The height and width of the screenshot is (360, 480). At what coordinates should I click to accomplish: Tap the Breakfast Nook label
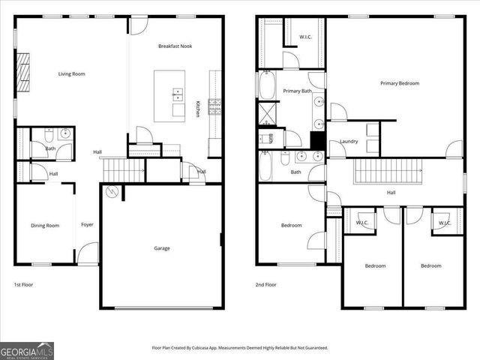tap(175, 46)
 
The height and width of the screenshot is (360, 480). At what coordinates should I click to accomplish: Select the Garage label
tap(162, 248)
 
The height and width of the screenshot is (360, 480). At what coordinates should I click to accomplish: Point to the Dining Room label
tap(44, 225)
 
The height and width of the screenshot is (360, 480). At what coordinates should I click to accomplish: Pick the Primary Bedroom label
tap(399, 83)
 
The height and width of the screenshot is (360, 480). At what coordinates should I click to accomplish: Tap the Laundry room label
tap(349, 141)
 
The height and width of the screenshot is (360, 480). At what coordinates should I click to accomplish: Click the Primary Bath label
tap(297, 91)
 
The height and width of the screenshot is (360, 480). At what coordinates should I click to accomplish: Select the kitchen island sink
tap(177, 94)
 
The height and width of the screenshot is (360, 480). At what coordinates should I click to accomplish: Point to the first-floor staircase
tap(122, 170)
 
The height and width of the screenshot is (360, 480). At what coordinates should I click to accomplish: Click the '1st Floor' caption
tap(23, 285)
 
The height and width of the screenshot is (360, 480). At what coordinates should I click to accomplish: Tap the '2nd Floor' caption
tap(266, 285)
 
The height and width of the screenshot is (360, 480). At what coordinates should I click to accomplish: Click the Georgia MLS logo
tap(27, 350)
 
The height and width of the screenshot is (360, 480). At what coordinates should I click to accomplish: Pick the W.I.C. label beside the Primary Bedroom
tap(305, 36)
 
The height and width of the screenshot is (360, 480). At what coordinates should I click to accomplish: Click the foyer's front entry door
tap(88, 253)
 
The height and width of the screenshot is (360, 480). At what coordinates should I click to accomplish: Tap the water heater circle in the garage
tap(112, 192)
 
